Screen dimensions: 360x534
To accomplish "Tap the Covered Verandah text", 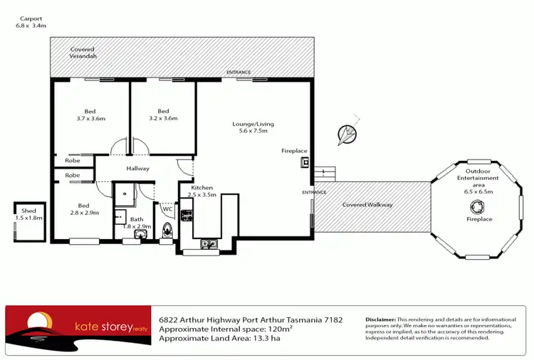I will (83, 53).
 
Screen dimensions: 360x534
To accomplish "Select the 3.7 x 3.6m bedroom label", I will (90, 115).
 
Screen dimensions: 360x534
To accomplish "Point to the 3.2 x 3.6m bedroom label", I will (163, 115).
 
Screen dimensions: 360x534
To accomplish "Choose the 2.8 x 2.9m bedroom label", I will (79, 208).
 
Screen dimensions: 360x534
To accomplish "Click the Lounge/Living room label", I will (253, 128).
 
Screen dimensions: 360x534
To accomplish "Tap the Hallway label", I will (137, 169).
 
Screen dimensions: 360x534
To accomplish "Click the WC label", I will (167, 209).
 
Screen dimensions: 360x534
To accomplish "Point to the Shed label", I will (28, 214).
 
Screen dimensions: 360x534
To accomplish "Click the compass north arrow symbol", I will (347, 134).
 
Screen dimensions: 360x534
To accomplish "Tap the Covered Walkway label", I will (367, 205).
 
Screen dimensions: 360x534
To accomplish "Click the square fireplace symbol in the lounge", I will (305, 162).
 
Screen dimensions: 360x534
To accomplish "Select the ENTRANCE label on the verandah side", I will (239, 73).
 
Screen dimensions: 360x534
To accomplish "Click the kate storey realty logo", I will (79, 327).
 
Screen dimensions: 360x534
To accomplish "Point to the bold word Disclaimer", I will (380, 320).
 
